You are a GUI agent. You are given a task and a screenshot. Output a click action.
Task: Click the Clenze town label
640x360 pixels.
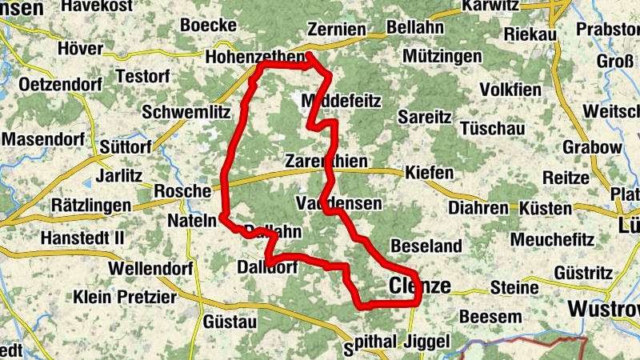pos(420,286)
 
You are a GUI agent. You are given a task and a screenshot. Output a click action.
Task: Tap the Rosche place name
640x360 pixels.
pos(182,191)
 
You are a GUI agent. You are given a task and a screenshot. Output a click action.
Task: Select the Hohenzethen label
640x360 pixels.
pos(254,58)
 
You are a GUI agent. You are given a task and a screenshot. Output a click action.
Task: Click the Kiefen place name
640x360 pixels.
pos(430,173)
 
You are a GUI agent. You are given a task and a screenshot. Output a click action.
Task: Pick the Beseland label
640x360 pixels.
pos(426,245)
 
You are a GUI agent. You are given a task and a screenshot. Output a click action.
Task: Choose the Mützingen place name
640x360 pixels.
pos(443,57)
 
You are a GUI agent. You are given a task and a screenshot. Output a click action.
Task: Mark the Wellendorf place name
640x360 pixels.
pos(154,268)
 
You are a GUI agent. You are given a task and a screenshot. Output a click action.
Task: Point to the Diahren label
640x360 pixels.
pos(478,208)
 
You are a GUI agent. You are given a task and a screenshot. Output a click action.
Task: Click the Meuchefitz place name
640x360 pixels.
pos(552,239)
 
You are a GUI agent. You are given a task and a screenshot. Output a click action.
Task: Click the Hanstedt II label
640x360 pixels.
pos(82,238)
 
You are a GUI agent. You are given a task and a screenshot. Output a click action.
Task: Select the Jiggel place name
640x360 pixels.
pos(429,341)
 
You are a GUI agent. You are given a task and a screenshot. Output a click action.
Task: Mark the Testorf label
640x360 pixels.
pos(142,76)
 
